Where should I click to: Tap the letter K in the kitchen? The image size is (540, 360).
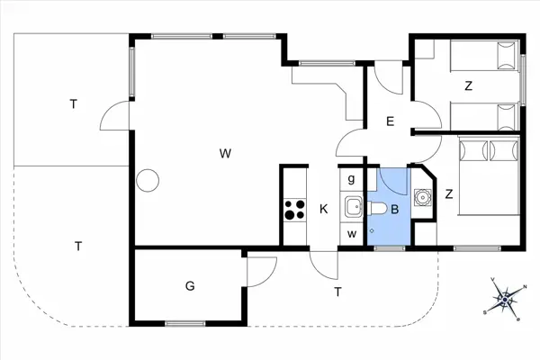[323, 210]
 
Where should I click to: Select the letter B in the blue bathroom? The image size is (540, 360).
[382, 210]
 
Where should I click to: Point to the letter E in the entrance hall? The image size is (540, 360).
[390, 121]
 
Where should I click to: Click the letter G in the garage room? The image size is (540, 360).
[190, 286]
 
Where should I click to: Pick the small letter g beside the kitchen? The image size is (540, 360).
[351, 177]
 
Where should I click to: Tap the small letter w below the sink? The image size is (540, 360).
[351, 234]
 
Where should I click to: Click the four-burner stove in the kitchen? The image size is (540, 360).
[294, 210]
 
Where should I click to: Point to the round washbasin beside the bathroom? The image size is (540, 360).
[421, 195]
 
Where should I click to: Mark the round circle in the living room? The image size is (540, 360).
[146, 180]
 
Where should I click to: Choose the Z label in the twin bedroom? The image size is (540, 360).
[468, 86]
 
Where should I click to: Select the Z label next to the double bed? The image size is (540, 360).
[448, 193]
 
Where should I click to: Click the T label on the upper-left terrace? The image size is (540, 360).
[73, 104]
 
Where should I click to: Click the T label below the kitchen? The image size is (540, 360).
[337, 291]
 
